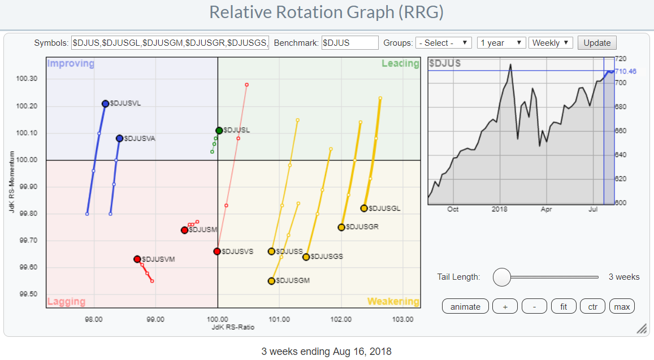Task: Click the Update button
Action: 597,43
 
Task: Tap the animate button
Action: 465,307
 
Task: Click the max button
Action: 622,307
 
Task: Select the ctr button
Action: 592,307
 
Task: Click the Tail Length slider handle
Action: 501,277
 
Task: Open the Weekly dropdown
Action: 551,43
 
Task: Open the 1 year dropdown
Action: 501,43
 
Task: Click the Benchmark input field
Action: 349,43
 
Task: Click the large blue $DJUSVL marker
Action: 105,103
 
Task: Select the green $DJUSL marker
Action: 219,131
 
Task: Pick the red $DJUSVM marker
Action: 137,259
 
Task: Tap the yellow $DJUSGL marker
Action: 364,208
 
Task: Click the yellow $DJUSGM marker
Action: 271,281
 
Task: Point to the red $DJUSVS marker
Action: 217,251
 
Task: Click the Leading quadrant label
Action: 400,64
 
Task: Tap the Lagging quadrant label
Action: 66,301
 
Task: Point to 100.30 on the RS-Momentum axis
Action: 27,79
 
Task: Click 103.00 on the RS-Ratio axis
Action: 403,319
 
